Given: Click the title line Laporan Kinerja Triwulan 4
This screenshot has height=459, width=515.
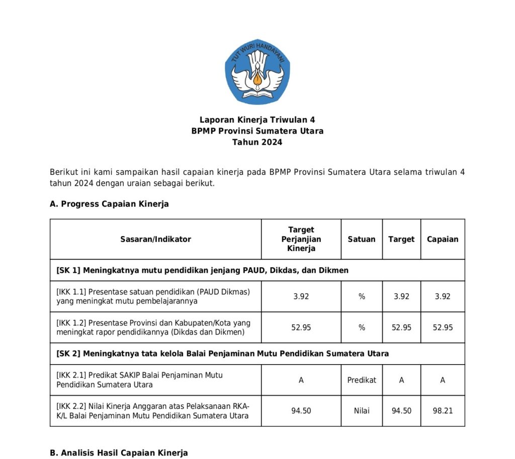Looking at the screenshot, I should [257, 120].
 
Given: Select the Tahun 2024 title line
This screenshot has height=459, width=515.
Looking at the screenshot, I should [257, 142].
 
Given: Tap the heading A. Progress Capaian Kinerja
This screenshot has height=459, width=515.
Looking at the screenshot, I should [109, 204].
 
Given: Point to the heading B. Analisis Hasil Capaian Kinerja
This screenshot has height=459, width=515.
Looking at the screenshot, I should [119, 453].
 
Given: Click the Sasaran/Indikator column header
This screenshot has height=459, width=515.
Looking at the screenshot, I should [155, 240].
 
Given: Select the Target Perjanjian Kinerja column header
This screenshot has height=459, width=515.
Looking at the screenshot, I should [301, 239].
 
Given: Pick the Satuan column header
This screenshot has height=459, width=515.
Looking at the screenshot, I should [361, 240].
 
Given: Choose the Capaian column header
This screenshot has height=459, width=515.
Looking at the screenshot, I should [443, 240].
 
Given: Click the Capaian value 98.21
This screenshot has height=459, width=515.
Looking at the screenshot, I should [443, 411].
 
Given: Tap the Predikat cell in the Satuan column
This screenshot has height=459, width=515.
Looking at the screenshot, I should [361, 380].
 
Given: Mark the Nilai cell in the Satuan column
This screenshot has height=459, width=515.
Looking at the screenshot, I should [361, 411].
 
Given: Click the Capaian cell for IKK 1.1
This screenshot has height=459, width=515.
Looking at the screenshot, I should [443, 296].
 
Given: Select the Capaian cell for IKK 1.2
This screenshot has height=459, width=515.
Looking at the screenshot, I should [443, 327].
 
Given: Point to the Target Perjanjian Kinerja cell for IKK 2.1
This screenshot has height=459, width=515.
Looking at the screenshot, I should [301, 380].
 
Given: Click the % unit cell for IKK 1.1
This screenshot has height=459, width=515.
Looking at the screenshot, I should [361, 296].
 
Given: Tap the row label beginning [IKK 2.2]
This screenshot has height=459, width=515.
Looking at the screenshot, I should [152, 411].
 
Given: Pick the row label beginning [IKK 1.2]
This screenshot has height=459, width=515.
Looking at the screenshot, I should [153, 327].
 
